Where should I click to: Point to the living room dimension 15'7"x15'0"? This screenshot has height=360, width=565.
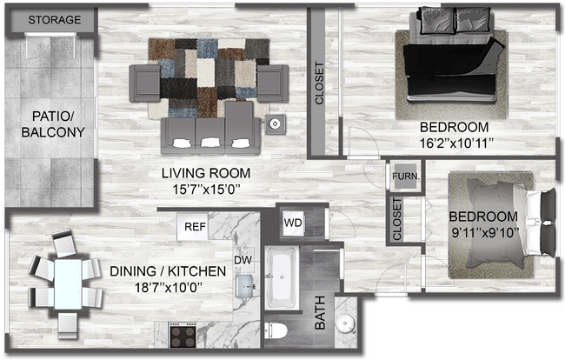(206, 188)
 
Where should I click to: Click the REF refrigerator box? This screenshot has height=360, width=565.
(195, 227)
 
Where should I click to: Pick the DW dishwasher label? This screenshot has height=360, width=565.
(243, 257)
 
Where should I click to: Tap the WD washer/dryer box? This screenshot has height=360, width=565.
(293, 223)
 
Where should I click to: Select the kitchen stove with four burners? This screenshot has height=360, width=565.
(185, 334)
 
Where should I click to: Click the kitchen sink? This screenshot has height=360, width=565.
(246, 283)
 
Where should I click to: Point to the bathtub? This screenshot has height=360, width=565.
(281, 278)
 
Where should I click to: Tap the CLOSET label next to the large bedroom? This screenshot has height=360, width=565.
(319, 83)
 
